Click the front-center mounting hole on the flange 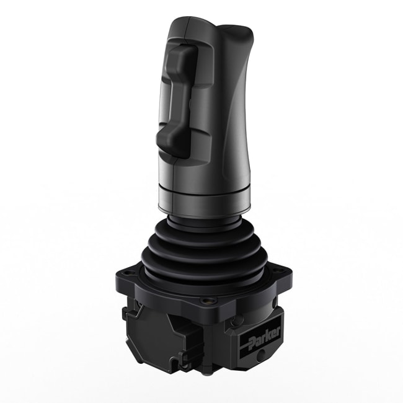204,302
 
